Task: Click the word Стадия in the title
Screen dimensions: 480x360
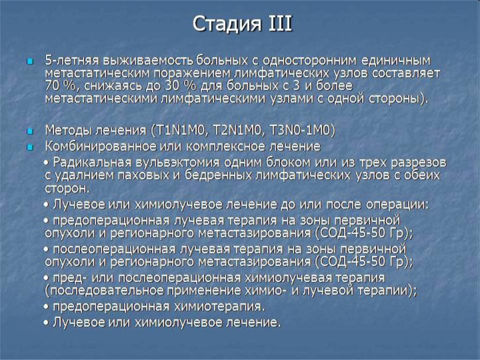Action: [x=227, y=24]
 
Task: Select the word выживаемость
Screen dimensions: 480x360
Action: [x=148, y=60]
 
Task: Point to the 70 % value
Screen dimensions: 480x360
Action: [x=59, y=85]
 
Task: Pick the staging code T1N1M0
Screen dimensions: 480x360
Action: [x=179, y=130]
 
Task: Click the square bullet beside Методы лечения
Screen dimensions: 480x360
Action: [x=29, y=131]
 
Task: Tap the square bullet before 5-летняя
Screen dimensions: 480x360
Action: [x=29, y=62]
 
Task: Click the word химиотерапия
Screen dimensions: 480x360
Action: [x=219, y=306]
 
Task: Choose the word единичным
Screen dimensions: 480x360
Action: [x=396, y=60]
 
